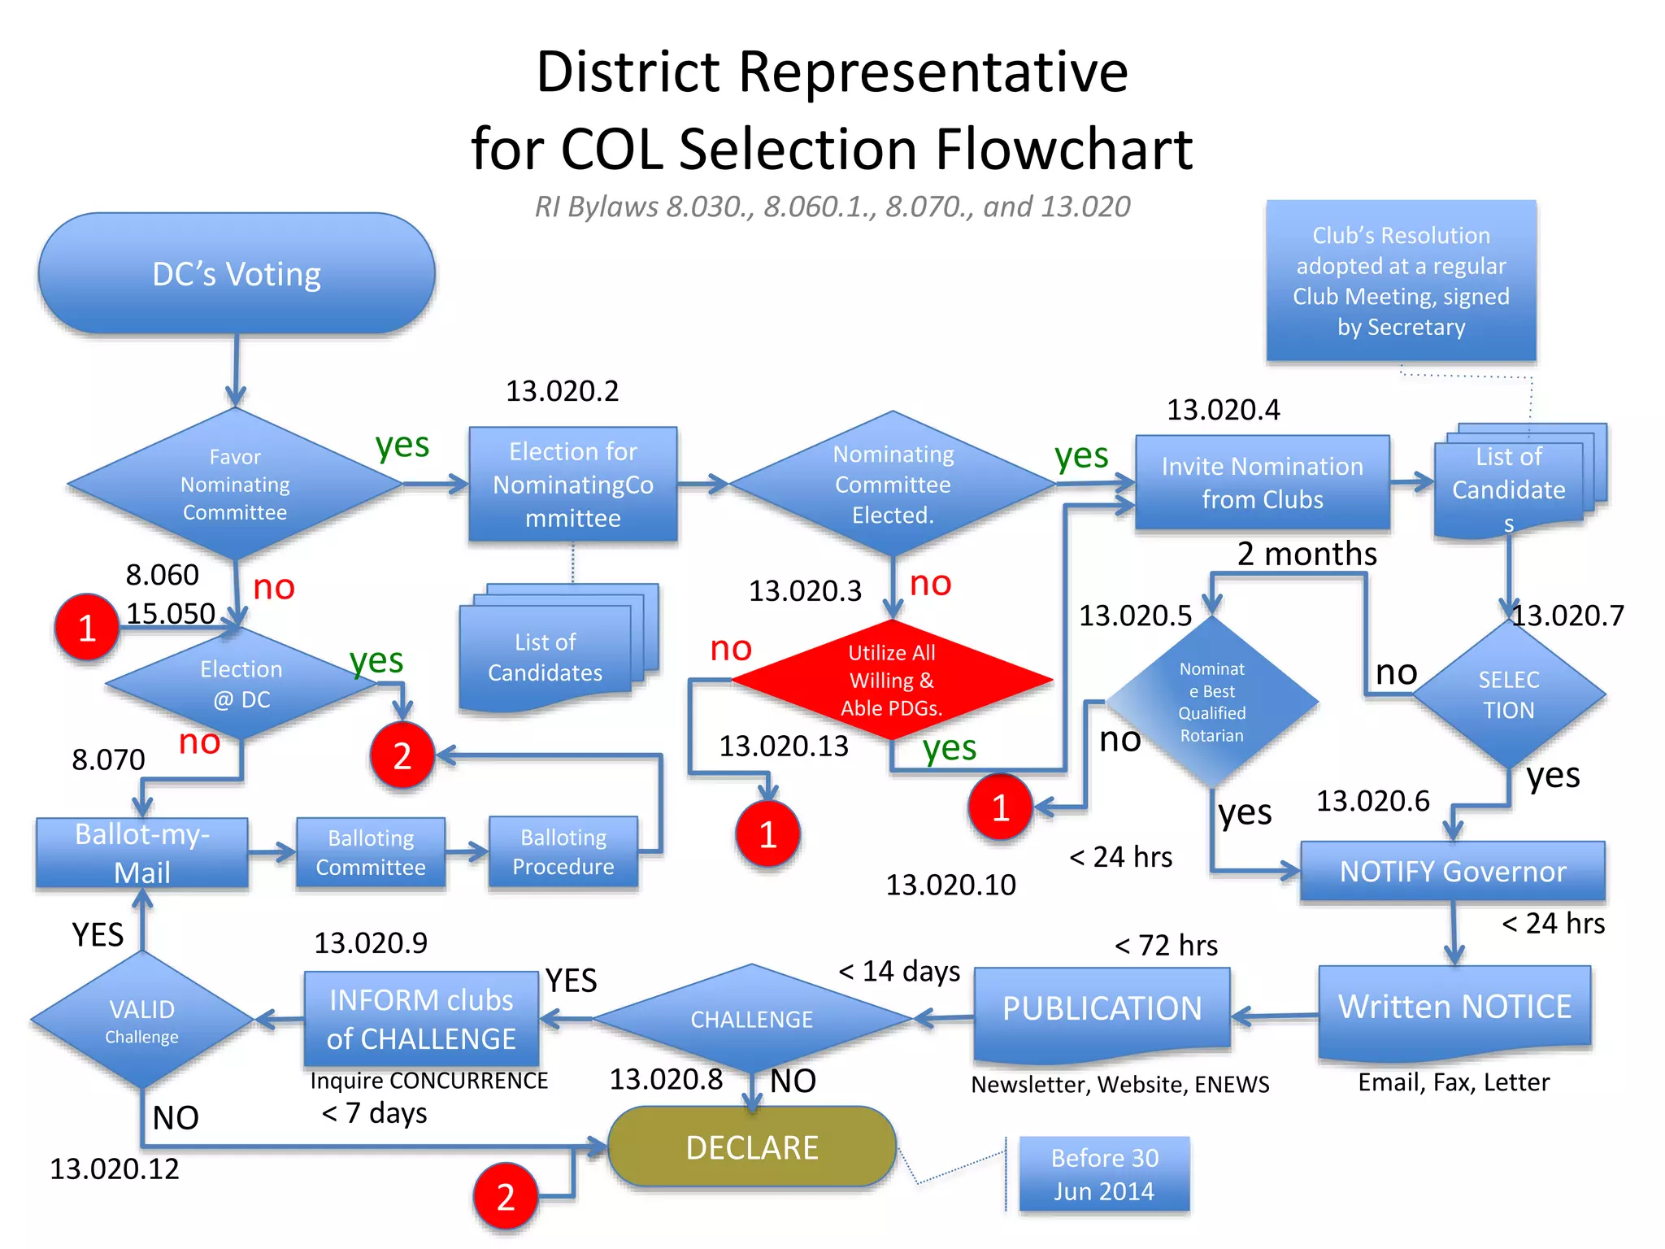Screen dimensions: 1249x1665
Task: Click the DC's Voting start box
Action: click(237, 274)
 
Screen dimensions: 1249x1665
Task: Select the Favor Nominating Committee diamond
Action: click(235, 484)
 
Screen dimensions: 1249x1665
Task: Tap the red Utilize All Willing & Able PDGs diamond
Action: click(892, 680)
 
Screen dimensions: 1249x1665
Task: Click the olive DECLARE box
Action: click(752, 1147)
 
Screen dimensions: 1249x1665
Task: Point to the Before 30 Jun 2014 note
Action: click(1104, 1174)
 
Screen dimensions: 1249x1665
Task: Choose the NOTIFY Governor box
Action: click(1453, 871)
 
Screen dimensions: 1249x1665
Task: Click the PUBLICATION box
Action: click(1102, 1010)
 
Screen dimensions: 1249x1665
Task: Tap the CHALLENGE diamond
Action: click(752, 1019)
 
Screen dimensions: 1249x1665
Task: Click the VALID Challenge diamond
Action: click(142, 1021)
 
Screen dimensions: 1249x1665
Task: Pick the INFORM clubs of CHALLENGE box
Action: click(421, 1019)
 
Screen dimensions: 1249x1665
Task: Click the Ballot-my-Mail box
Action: click(142, 853)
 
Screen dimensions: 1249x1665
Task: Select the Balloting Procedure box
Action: click(563, 852)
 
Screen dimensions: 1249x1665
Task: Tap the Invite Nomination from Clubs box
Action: click(1262, 483)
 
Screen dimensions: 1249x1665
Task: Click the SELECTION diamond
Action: click(1509, 694)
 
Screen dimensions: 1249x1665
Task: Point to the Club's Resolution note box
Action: click(1401, 281)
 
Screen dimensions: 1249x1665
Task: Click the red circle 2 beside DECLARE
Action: click(506, 1197)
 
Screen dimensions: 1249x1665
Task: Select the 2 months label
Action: click(1306, 554)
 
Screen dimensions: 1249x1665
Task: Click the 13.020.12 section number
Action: click(115, 1169)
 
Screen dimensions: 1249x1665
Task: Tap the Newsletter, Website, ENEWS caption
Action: click(1119, 1085)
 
